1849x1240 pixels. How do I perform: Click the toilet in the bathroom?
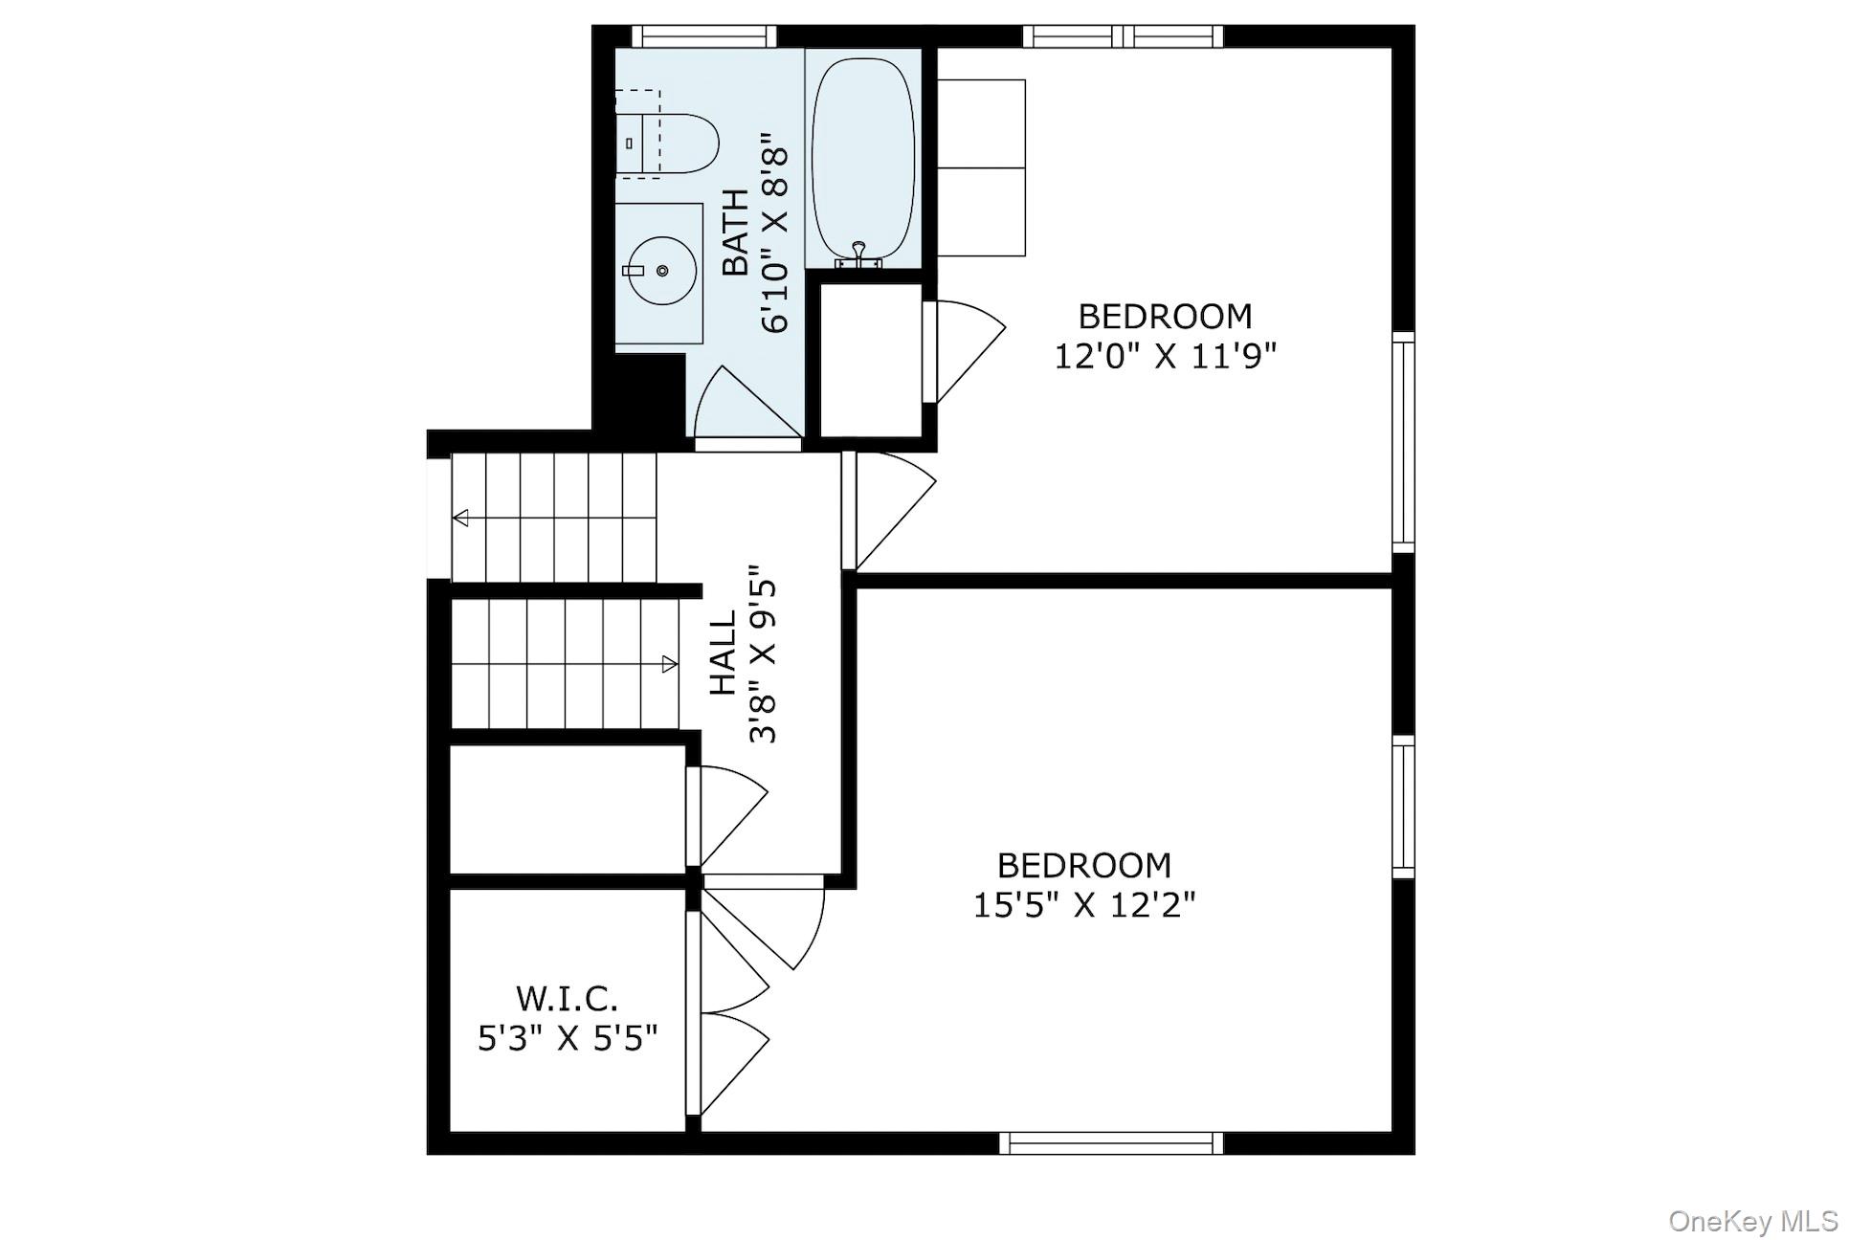(676, 144)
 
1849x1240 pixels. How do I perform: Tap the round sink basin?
(661, 271)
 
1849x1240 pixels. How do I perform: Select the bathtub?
(862, 159)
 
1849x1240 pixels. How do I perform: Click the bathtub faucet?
(858, 253)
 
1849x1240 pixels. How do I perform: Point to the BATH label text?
(735, 232)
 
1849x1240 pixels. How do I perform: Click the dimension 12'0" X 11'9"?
(1165, 357)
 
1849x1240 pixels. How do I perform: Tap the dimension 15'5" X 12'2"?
(1084, 904)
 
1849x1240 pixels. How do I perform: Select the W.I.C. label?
(567, 999)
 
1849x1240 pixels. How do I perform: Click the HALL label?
(723, 653)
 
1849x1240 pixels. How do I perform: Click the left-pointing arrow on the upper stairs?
(461, 519)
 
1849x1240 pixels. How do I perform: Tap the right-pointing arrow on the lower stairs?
(669, 664)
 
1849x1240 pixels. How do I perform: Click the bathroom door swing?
(742, 407)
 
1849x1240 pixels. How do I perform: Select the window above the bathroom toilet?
(704, 36)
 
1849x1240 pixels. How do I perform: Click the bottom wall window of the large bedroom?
(1111, 1143)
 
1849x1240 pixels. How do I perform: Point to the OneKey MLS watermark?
(1753, 1221)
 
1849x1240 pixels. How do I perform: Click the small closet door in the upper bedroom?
(962, 349)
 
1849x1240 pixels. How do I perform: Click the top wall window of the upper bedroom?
(1123, 36)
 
